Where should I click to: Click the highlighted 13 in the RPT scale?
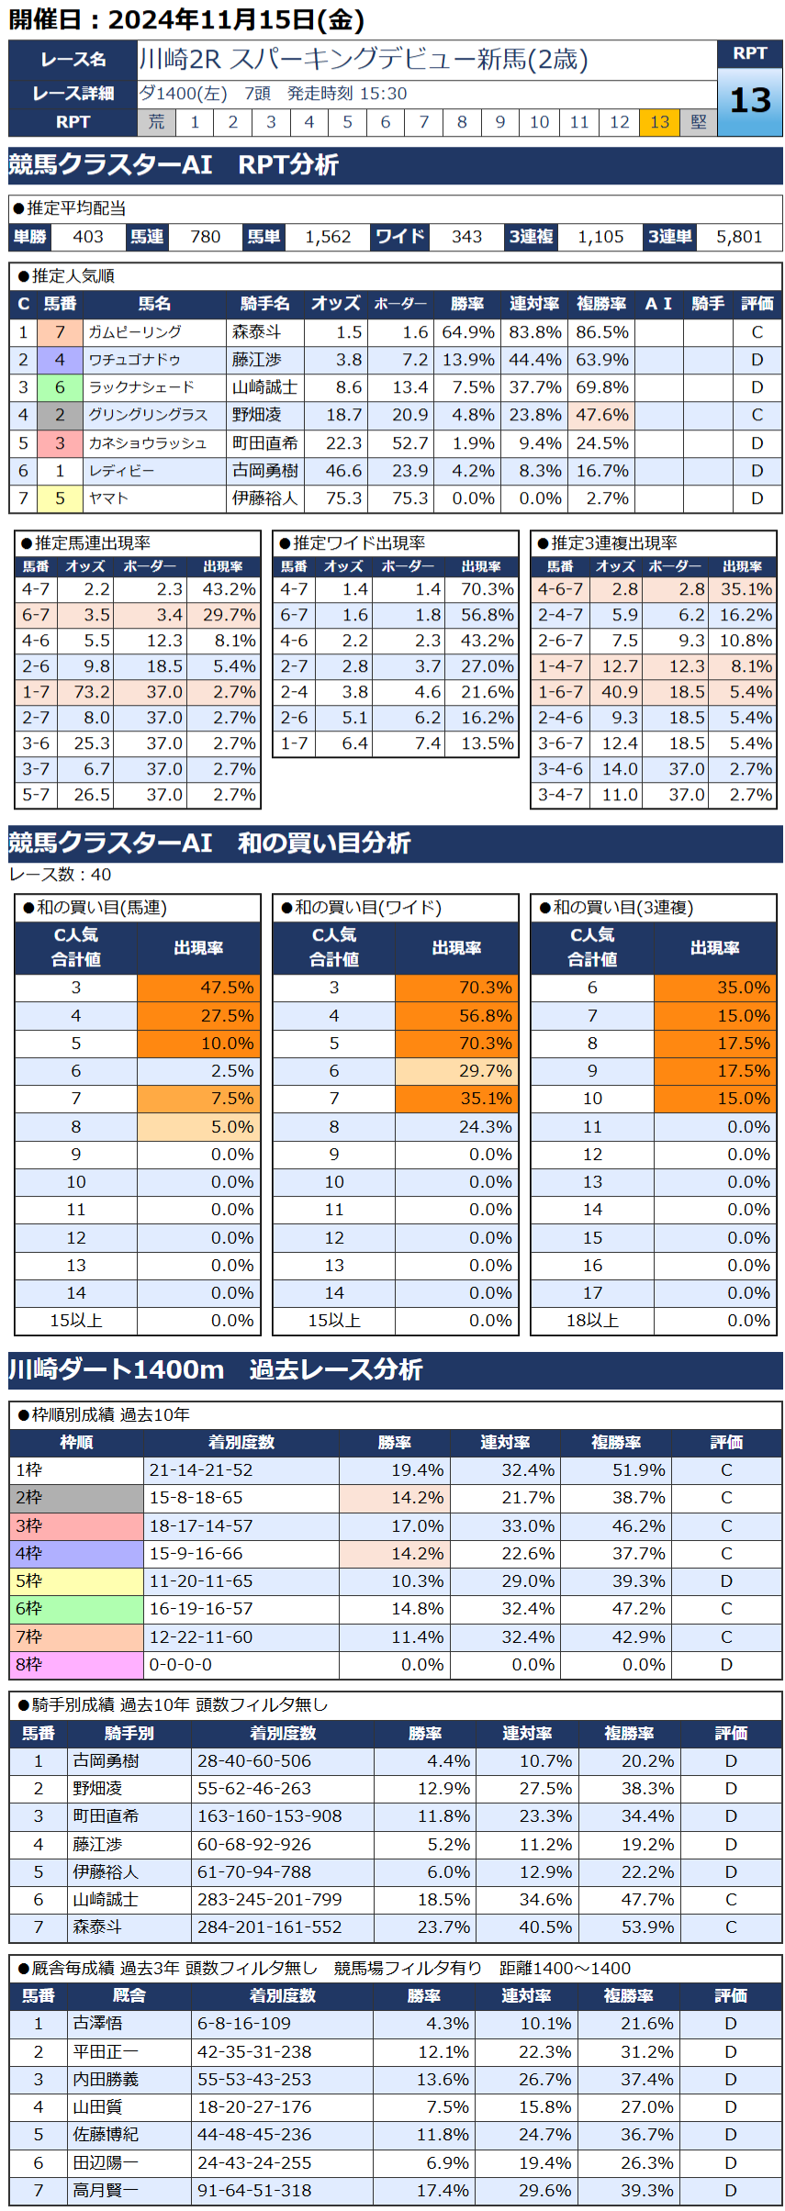click(x=659, y=122)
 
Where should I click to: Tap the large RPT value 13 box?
click(x=749, y=100)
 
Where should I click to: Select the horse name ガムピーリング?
click(x=135, y=332)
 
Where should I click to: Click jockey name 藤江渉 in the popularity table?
click(x=257, y=360)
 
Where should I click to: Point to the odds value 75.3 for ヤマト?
click(x=343, y=498)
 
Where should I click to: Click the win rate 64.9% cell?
click(x=468, y=332)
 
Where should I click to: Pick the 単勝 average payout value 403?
click(x=88, y=237)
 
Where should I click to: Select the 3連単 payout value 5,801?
click(x=739, y=237)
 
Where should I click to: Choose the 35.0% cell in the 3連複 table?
click(x=715, y=988)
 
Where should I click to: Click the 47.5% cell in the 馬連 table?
click(x=198, y=988)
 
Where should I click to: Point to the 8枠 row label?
click(x=29, y=1664)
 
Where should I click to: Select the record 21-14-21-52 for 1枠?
click(x=201, y=1469)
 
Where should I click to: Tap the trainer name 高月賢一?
click(x=106, y=2190)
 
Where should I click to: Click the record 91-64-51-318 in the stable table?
click(x=254, y=2190)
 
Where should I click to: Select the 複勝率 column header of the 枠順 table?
click(x=615, y=1442)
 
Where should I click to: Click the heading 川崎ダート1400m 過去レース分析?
click(x=216, y=1369)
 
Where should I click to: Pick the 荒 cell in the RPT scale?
click(x=156, y=122)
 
